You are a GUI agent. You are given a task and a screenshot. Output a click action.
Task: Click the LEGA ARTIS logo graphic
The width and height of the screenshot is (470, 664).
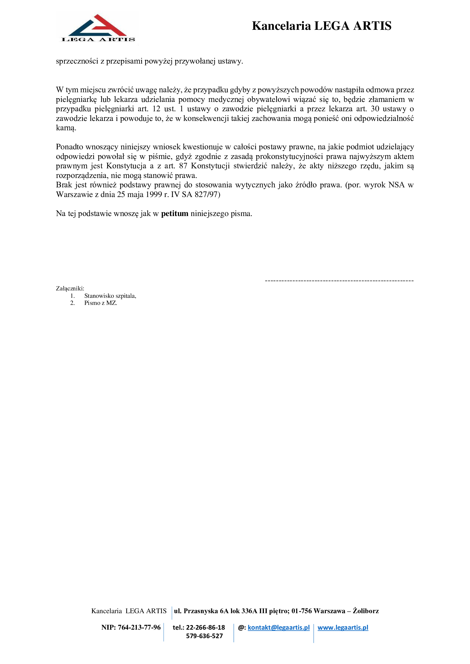97,28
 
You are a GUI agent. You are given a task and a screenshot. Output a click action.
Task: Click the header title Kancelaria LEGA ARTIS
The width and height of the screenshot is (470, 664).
322,26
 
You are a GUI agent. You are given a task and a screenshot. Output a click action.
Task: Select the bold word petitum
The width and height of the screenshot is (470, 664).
174,214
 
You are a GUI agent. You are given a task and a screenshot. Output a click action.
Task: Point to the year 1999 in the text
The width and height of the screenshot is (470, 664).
153,194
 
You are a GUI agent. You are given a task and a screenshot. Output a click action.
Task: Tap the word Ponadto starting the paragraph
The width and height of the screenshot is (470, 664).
69,147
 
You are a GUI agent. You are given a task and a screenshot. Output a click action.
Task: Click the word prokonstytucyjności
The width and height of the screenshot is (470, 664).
289,156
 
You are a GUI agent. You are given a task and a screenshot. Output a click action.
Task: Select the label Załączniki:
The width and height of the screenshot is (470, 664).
70,288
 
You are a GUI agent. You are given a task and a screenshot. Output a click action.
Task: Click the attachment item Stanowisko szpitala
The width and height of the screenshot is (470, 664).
110,296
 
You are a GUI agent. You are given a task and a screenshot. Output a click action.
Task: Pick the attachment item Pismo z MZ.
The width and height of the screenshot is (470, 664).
100,303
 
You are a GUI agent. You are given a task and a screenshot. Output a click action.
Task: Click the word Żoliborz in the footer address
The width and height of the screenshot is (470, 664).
365,611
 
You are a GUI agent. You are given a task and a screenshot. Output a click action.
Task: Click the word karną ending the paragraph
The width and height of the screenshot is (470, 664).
66,128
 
